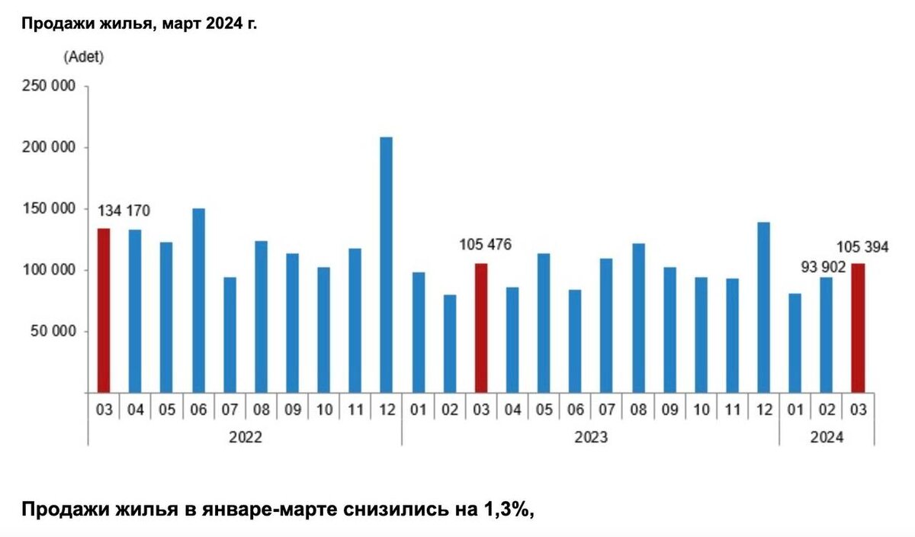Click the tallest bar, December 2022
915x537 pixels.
pos(387,265)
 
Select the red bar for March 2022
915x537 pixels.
pos(104,310)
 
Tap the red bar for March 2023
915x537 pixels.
pos(481,328)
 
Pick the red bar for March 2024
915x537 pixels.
pos(858,328)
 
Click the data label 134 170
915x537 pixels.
pos(124,211)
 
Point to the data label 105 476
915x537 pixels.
pos(485,245)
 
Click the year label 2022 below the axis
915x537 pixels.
pos(245,438)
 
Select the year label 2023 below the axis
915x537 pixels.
pos(591,438)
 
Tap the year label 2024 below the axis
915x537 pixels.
pos(827,438)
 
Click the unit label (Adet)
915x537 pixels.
pos(84,56)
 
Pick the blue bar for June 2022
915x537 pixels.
pos(198,301)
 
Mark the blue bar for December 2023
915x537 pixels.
pos(763,307)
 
